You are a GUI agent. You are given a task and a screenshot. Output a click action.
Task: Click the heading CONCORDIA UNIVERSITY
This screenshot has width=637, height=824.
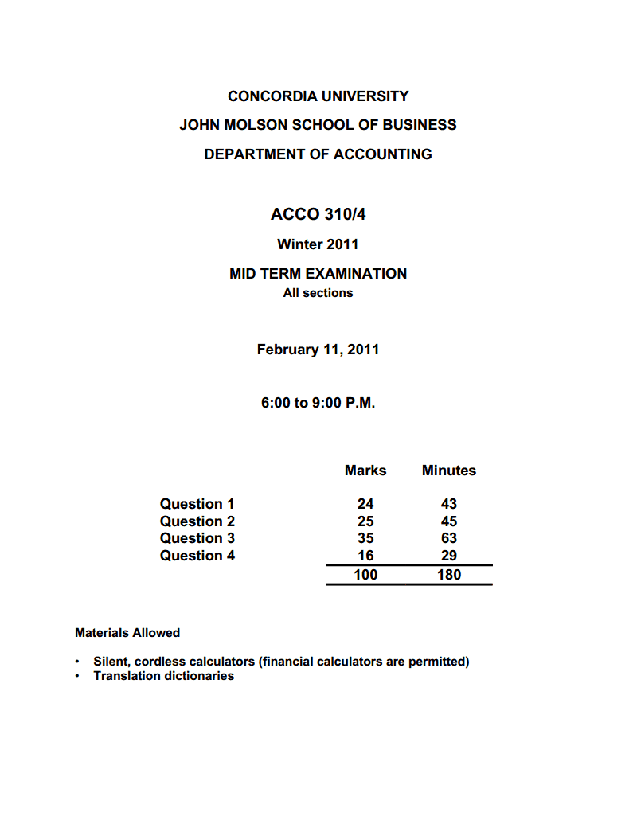point(318,96)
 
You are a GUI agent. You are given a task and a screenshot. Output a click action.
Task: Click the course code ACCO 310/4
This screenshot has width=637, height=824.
point(318,214)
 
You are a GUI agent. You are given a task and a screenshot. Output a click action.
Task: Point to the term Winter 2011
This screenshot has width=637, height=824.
point(318,244)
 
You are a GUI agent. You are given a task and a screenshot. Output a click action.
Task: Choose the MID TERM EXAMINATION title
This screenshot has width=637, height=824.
point(318,274)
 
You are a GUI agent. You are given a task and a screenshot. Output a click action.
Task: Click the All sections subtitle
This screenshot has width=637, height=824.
point(318,293)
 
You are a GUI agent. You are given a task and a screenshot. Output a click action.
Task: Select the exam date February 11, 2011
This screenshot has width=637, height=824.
point(318,350)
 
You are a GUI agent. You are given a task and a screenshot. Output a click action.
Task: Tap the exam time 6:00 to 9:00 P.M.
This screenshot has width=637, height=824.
point(318,403)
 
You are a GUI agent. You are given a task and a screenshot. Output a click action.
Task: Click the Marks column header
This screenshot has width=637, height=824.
point(365,471)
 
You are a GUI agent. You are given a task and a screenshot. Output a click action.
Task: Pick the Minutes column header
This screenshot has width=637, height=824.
point(449,471)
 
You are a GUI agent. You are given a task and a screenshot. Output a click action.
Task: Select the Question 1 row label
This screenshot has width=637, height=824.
point(197,504)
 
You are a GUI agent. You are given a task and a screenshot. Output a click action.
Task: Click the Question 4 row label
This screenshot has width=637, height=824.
point(197,556)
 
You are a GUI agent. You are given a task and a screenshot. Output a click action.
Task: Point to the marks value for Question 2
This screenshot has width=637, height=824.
point(365,521)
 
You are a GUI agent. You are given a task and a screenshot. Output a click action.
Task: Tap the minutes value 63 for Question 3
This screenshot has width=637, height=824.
point(449,538)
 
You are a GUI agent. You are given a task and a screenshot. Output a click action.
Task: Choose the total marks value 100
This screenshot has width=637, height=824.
point(365,575)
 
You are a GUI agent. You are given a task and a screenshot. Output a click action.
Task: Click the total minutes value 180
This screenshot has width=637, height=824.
point(449,575)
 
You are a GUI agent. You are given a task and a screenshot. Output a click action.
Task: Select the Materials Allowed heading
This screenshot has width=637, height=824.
point(127,633)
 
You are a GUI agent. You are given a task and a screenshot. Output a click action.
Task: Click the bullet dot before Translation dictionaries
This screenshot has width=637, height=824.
point(77,677)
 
